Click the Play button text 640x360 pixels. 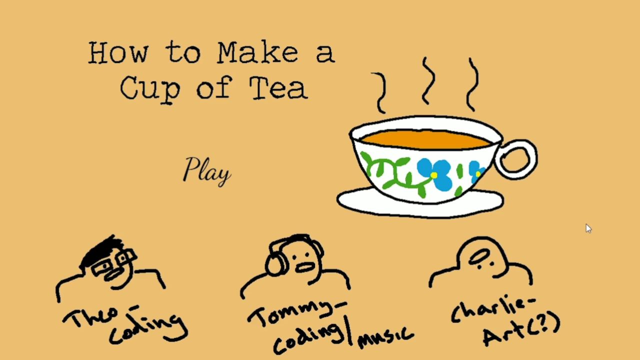206,171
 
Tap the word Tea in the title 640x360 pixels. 278,88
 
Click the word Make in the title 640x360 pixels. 258,52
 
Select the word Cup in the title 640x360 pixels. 150,89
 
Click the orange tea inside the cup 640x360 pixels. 425,139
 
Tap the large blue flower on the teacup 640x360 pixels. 435,173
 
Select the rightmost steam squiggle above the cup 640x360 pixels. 473,85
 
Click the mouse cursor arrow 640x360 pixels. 588,228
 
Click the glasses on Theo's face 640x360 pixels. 113,263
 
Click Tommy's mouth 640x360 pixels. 305,267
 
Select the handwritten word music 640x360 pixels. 385,337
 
